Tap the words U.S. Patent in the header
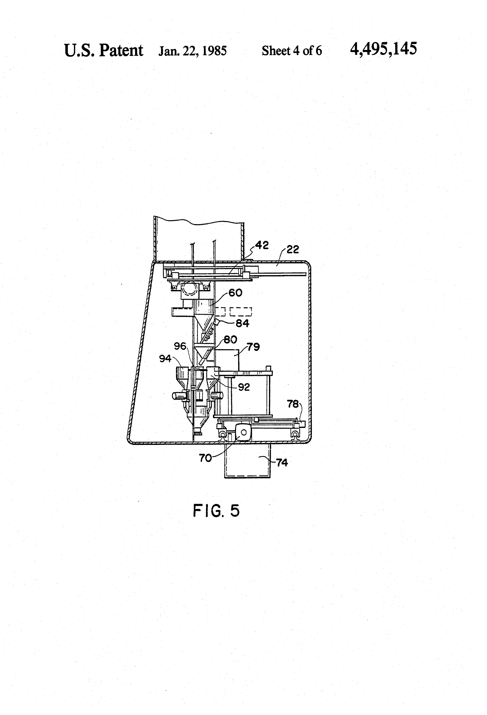(x=103, y=50)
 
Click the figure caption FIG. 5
(x=216, y=511)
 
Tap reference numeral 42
(x=262, y=245)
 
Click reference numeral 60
(x=236, y=293)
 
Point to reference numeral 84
(x=242, y=323)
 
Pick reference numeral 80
(x=230, y=340)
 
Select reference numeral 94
(x=165, y=358)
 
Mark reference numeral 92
(x=244, y=387)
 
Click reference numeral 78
(x=293, y=404)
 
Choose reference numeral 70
(x=205, y=458)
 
